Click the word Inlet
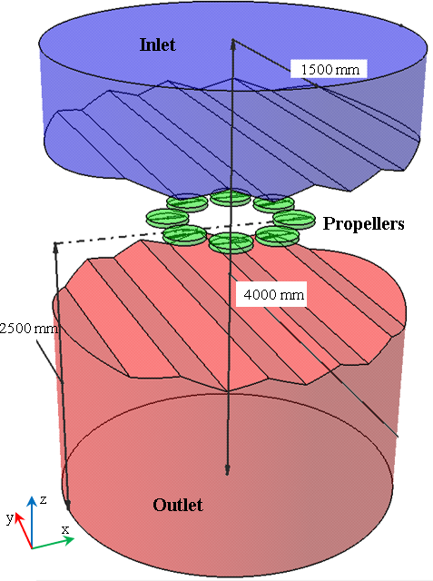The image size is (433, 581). pyautogui.click(x=157, y=44)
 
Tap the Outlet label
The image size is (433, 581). pyautogui.click(x=178, y=505)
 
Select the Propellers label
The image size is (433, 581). pyautogui.click(x=363, y=224)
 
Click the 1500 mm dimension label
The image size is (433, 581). pyautogui.click(x=330, y=69)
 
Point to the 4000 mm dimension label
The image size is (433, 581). pyautogui.click(x=274, y=294)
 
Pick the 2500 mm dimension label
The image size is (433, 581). pyautogui.click(x=29, y=328)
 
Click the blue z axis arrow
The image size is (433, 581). pyautogui.click(x=33, y=522)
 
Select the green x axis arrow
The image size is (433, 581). pyautogui.click(x=53, y=543)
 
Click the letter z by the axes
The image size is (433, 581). pyautogui.click(x=44, y=500)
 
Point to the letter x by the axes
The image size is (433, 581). pyautogui.click(x=65, y=529)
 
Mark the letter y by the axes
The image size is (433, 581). pyautogui.click(x=10, y=517)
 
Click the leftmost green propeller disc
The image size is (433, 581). pyautogui.click(x=167, y=217)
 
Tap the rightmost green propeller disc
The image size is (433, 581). pyautogui.click(x=294, y=219)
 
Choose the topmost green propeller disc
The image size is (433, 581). pyautogui.click(x=231, y=197)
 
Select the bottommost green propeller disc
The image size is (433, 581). pyautogui.click(x=231, y=243)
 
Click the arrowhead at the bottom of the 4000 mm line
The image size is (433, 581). pyautogui.click(x=227, y=469)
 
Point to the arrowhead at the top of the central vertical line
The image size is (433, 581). pyautogui.click(x=233, y=44)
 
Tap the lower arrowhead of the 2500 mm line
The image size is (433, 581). pyautogui.click(x=68, y=505)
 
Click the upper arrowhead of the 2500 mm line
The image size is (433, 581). pyautogui.click(x=56, y=247)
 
